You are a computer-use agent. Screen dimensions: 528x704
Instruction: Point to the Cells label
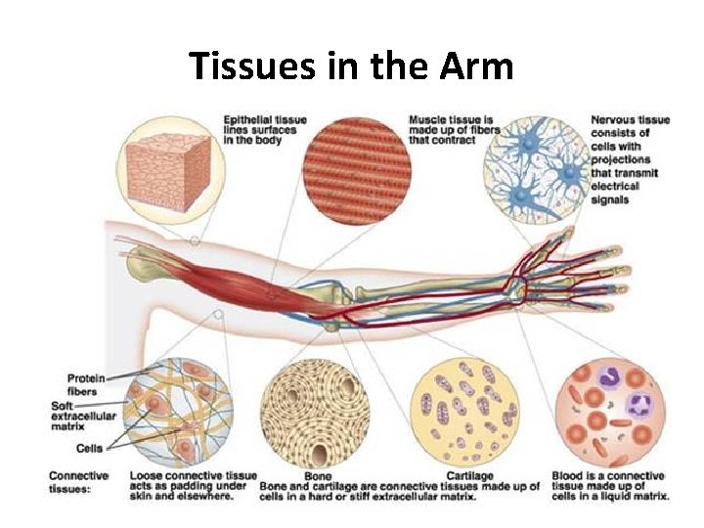89,449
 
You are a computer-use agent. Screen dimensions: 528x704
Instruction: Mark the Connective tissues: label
79,482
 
